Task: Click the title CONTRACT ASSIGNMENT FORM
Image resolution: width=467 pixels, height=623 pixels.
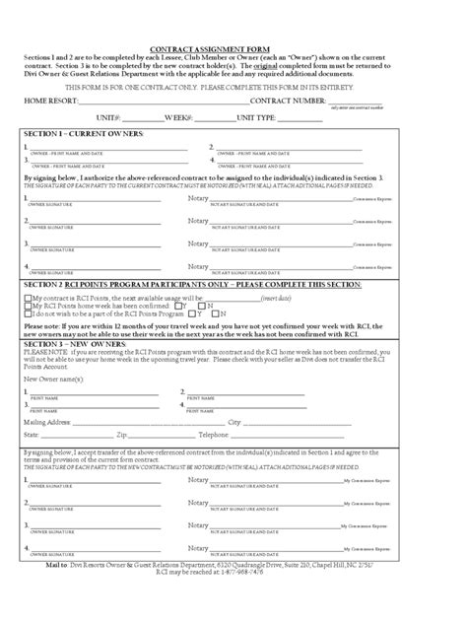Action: [x=233, y=48]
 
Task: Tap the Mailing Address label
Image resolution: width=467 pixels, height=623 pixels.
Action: [x=46, y=421]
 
